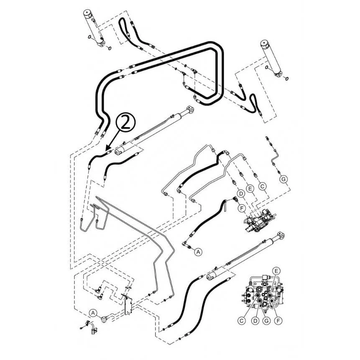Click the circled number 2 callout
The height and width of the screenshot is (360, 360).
point(126,124)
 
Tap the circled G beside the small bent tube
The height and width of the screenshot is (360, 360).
point(284,179)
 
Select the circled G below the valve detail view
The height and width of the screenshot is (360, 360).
point(266,321)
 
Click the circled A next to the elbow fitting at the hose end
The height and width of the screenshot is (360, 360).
point(198,252)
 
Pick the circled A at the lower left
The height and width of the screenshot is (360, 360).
point(93,313)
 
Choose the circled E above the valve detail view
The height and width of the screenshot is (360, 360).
point(276,271)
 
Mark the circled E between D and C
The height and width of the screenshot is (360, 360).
point(250,189)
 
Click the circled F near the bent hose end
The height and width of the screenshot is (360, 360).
point(241,208)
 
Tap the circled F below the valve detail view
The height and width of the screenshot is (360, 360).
point(278,321)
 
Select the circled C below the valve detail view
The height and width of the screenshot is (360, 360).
point(241,321)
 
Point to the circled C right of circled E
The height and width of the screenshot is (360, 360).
point(263,186)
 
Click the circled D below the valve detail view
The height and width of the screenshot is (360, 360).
point(255,321)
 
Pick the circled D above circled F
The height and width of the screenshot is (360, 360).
point(241,194)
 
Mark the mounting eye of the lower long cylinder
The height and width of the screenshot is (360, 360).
point(281,236)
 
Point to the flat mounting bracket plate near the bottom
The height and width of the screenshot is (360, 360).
point(128,306)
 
